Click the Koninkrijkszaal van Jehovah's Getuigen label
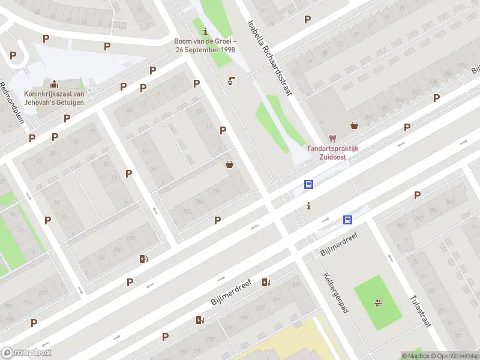click(54, 98)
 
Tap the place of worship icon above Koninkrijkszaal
click(55, 83)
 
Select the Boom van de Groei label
click(205, 45)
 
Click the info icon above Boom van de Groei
click(206, 31)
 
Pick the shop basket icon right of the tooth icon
click(355, 125)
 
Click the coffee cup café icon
click(232, 81)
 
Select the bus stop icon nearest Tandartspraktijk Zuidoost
click(308, 185)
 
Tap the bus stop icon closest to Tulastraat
click(347, 220)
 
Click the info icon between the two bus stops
click(308, 206)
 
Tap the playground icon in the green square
click(378, 302)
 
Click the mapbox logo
click(26, 352)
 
